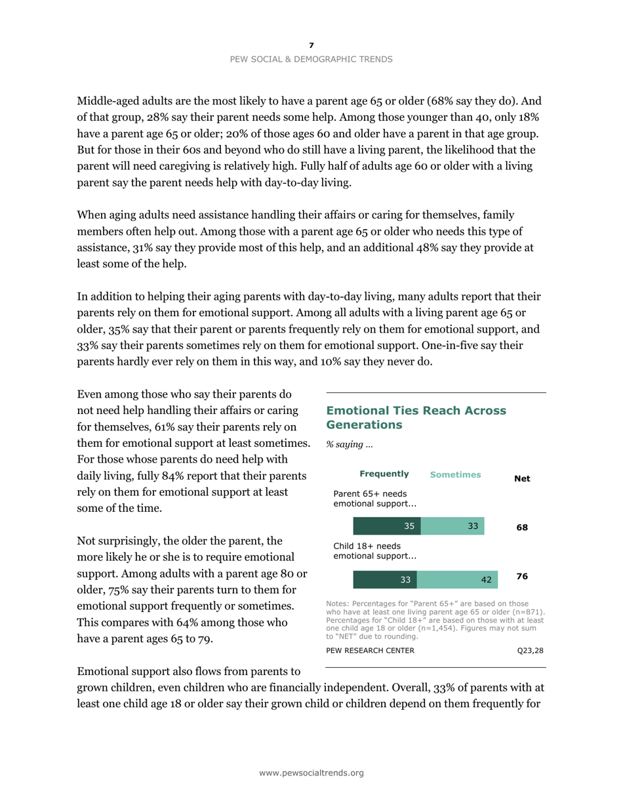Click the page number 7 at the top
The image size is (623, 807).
point(311,45)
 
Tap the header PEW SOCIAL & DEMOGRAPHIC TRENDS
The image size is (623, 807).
point(311,59)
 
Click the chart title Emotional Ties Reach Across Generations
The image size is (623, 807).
point(416,417)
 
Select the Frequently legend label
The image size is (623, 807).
point(384,474)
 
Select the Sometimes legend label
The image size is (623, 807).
point(455,474)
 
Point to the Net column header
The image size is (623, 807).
point(522,479)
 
